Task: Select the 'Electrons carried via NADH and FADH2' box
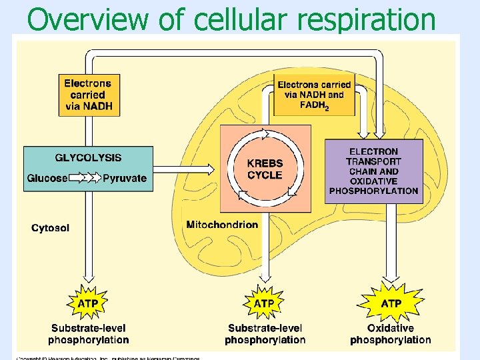pyautogui.click(x=314, y=95)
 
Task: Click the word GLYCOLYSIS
pyautogui.click(x=88, y=158)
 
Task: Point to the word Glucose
pyautogui.click(x=47, y=178)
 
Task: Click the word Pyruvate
pyautogui.click(x=124, y=178)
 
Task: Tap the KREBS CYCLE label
pyautogui.click(x=265, y=169)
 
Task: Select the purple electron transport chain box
pyautogui.click(x=373, y=171)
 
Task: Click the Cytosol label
pyautogui.click(x=50, y=228)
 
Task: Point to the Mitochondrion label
pyautogui.click(x=222, y=225)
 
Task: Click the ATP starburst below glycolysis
pyautogui.click(x=88, y=303)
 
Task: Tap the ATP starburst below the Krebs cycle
pyautogui.click(x=265, y=303)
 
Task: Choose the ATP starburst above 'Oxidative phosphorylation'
pyautogui.click(x=391, y=303)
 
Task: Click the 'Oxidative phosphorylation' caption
pyautogui.click(x=391, y=334)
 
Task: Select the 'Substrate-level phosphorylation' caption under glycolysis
pyautogui.click(x=88, y=334)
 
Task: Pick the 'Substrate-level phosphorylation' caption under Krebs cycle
pyautogui.click(x=265, y=334)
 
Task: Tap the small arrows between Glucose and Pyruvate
pyautogui.click(x=85, y=178)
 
